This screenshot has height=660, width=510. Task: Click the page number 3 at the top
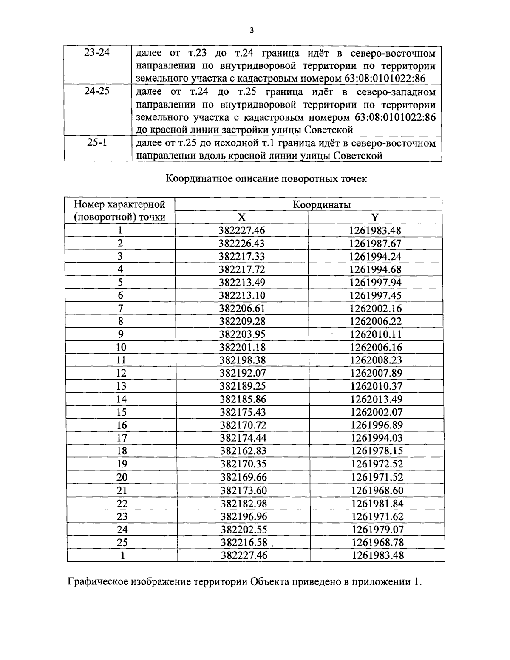click(x=252, y=30)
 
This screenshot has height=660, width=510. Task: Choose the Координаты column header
click(x=321, y=204)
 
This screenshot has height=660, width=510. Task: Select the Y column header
click(x=374, y=218)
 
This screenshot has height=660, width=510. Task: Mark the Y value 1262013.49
click(x=376, y=399)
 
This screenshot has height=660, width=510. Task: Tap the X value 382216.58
click(x=244, y=543)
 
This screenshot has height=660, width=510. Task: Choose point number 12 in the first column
click(x=121, y=373)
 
